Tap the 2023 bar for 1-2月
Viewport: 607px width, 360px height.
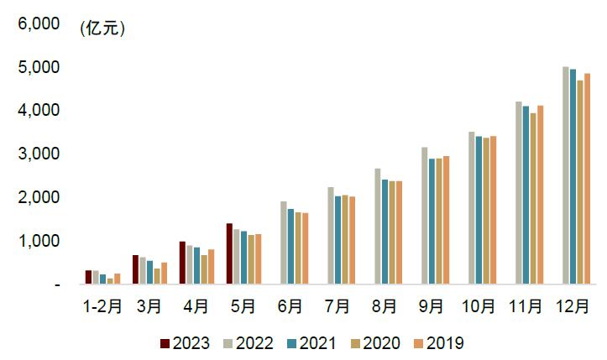click(x=88, y=277)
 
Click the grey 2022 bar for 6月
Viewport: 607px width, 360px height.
click(x=284, y=243)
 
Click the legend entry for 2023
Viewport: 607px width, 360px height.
click(x=185, y=343)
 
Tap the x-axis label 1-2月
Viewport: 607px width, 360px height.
click(x=102, y=307)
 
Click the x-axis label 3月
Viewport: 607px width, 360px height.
click(x=149, y=307)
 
